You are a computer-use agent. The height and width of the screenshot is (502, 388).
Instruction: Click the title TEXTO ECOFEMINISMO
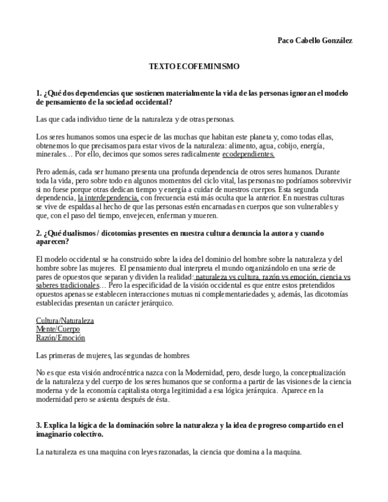tap(194, 67)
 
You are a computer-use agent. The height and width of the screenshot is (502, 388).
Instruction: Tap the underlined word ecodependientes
tap(248, 154)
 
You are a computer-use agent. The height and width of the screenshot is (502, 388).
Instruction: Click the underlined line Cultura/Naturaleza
tap(65, 321)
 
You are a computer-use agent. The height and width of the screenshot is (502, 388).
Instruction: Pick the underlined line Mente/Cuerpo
tap(57, 329)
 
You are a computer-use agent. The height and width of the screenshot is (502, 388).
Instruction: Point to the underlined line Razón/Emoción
tap(60, 338)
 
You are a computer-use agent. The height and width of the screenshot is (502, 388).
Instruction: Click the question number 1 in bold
tap(39, 93)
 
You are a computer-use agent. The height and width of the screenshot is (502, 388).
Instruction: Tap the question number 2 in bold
tap(39, 233)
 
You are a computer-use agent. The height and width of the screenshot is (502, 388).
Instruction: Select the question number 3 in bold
tap(39, 425)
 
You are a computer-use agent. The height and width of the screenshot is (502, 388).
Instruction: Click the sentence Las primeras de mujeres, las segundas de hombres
tap(113, 356)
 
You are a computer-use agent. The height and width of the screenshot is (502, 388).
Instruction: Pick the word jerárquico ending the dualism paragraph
tap(155, 303)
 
